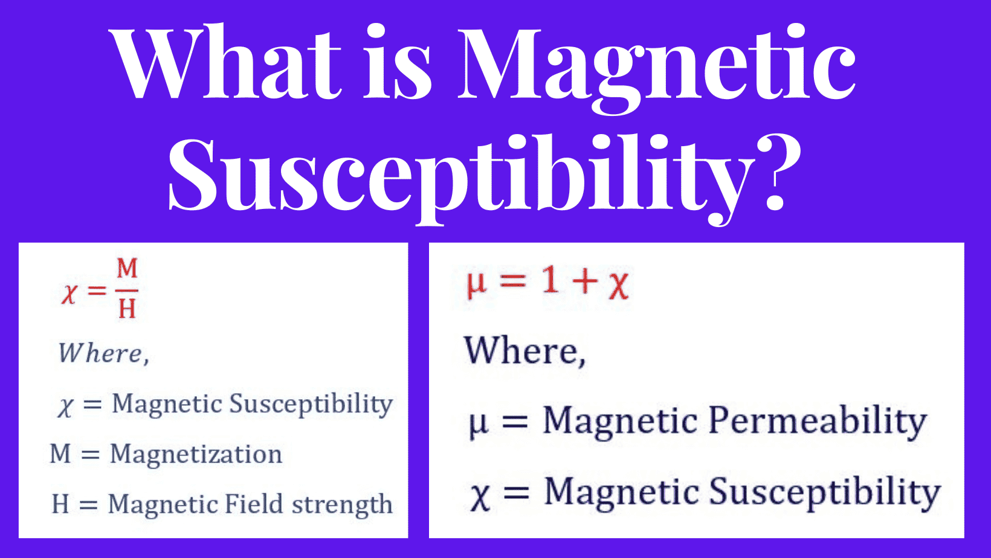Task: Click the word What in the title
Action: [227, 62]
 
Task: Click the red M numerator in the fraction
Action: [127, 268]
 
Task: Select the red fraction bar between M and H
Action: [127, 290]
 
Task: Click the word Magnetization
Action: [196, 455]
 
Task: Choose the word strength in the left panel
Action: [342, 505]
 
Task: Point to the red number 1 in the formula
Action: [550, 280]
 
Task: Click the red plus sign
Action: [585, 281]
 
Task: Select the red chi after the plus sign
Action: [619, 286]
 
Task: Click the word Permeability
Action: [817, 422]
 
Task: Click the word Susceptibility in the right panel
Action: [825, 493]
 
